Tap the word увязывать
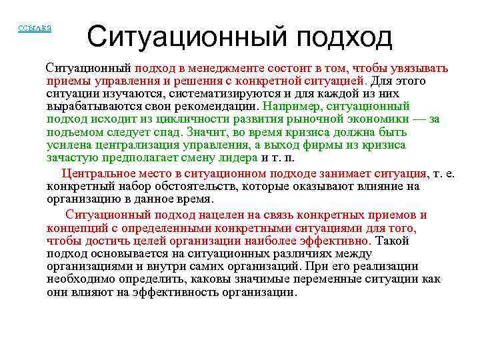pos(419,68)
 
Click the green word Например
pos(288,106)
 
